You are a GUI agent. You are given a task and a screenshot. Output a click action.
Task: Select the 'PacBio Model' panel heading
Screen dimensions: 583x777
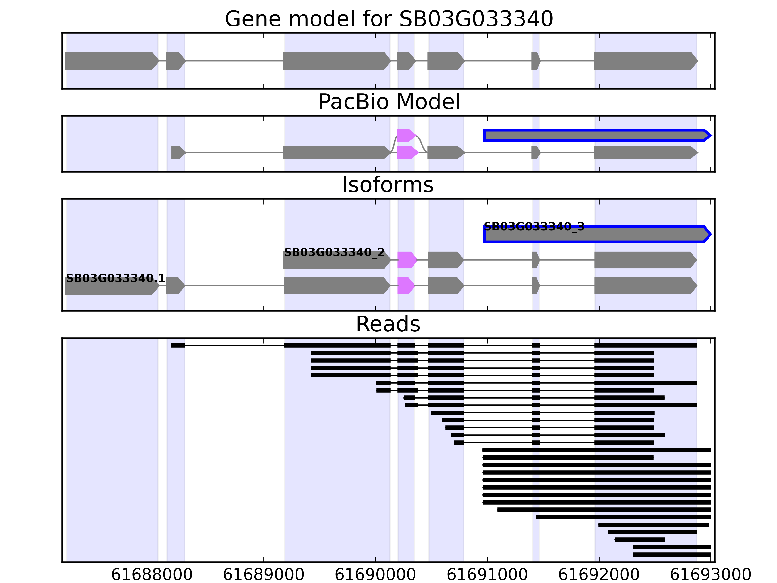[x=388, y=102]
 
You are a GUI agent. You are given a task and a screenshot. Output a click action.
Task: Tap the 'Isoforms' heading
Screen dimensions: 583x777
[x=388, y=185]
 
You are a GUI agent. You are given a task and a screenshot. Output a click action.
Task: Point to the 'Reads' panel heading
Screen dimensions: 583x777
[x=388, y=324]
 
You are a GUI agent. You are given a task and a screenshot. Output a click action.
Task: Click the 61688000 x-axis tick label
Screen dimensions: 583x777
[x=152, y=575]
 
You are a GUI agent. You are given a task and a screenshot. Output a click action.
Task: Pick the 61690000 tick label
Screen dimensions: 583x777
[x=375, y=575]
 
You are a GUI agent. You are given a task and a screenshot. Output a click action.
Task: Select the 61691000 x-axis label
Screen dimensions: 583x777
[x=487, y=575]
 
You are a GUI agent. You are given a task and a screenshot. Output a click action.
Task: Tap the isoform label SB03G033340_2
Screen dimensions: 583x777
[x=334, y=252]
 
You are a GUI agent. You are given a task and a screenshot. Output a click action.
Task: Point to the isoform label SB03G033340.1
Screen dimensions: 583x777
[x=115, y=278]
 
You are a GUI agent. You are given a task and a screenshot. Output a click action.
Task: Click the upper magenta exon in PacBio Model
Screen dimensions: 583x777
[x=405, y=135]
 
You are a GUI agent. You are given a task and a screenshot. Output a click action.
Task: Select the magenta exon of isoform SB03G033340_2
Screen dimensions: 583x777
[x=406, y=260]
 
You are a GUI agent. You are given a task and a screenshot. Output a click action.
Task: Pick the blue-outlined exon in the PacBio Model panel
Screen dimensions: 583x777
[x=596, y=135]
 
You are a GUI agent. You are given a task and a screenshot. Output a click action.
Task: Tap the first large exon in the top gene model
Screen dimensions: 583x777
[x=111, y=61]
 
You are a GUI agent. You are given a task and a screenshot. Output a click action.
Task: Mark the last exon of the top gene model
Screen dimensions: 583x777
[x=645, y=61]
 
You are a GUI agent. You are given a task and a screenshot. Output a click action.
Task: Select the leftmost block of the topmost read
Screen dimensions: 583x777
[x=178, y=345]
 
